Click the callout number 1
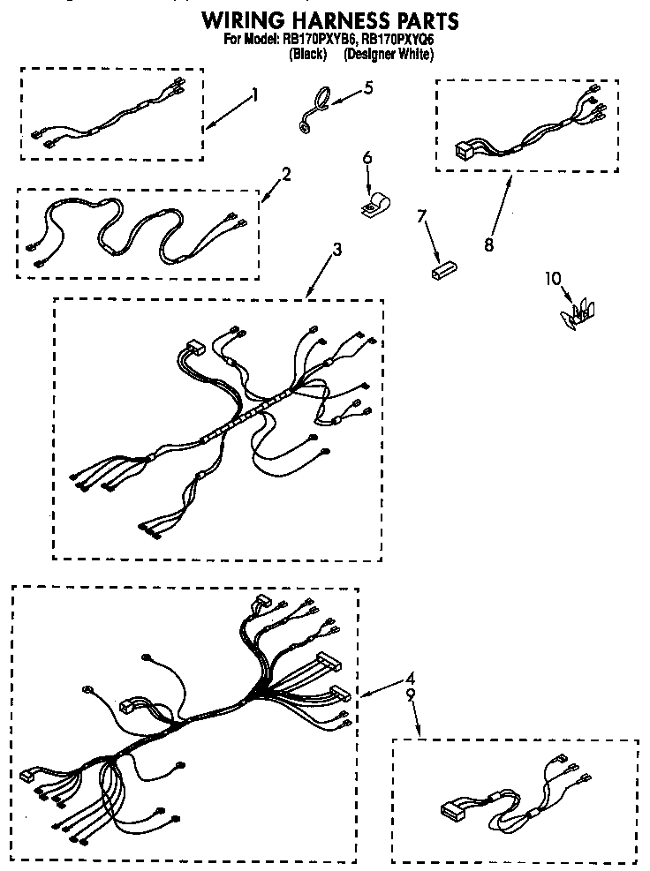click(255, 94)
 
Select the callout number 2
click(287, 174)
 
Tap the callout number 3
click(337, 250)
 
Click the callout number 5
click(368, 87)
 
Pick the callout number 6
click(367, 158)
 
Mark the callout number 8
click(489, 245)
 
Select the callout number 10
click(553, 280)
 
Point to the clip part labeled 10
click(579, 314)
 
